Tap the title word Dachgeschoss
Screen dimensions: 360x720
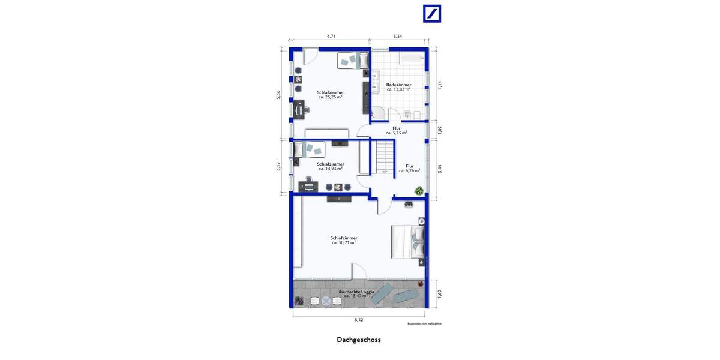pyautogui.click(x=359, y=340)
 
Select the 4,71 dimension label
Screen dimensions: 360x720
pyautogui.click(x=331, y=37)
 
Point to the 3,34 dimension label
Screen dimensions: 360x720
pyautogui.click(x=397, y=37)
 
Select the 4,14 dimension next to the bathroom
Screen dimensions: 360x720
pyautogui.click(x=440, y=85)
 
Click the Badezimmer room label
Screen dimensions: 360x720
pyautogui.click(x=398, y=85)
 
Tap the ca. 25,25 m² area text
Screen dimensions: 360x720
pyautogui.click(x=330, y=97)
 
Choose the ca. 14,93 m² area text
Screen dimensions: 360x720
pyautogui.click(x=331, y=169)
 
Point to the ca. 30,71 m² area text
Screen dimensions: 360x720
pyautogui.click(x=344, y=243)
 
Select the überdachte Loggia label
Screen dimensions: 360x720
pyautogui.click(x=356, y=292)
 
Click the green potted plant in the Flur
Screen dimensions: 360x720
pyautogui.click(x=419, y=191)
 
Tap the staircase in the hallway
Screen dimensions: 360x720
pyautogui.click(x=382, y=157)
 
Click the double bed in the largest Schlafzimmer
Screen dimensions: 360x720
pyautogui.click(x=407, y=241)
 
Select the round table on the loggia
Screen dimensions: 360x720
pyautogui.click(x=326, y=301)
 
